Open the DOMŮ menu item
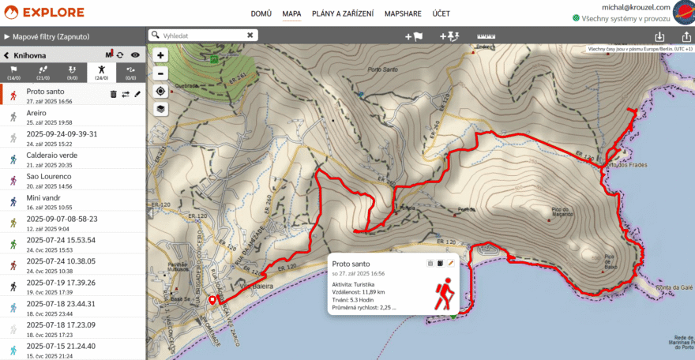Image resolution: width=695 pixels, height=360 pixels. (261, 14)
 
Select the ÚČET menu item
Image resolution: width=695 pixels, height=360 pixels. (441, 14)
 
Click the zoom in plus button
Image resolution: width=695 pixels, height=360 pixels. (160, 56)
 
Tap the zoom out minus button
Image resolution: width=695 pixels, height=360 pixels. (160, 73)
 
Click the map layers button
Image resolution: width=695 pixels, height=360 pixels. (160, 109)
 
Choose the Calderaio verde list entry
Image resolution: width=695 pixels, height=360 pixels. (52, 156)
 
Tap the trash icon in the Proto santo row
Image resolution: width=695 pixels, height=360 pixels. (113, 94)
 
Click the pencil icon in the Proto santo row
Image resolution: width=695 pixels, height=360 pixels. (137, 94)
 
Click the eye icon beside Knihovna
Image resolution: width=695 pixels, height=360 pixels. (135, 55)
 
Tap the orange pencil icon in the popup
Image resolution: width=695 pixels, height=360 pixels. (451, 264)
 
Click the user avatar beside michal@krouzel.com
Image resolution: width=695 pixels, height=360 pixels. (682, 13)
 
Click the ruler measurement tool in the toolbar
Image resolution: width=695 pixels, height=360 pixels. (490, 36)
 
